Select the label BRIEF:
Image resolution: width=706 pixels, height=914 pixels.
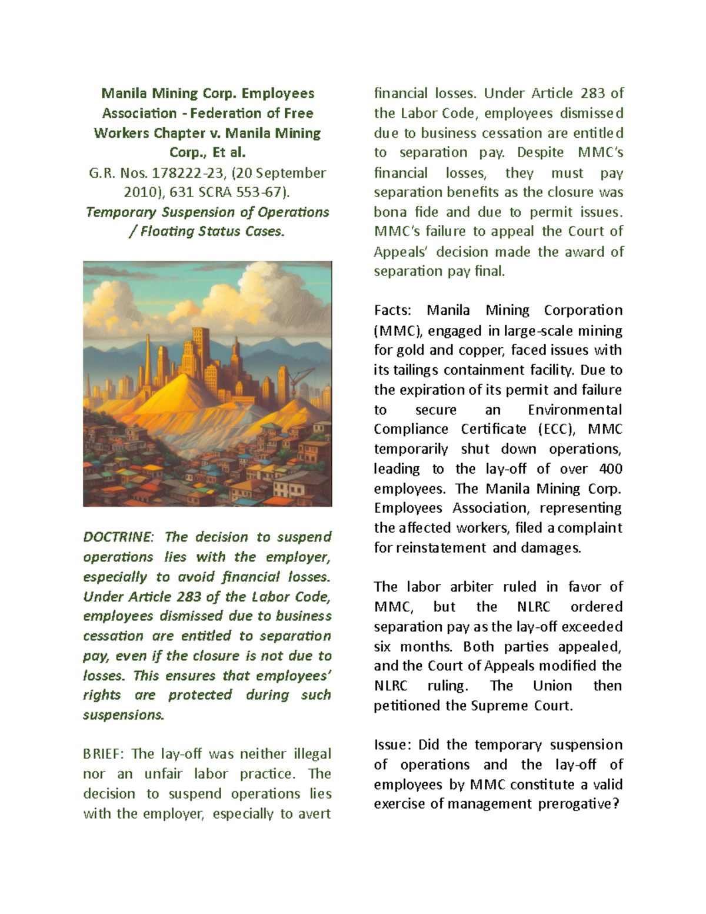pos(104,754)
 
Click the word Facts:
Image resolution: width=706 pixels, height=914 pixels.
pos(393,310)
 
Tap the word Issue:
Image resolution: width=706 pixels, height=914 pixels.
pos(393,745)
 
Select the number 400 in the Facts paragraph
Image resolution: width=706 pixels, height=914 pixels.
pos(610,468)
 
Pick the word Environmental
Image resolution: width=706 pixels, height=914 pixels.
pos(574,410)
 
